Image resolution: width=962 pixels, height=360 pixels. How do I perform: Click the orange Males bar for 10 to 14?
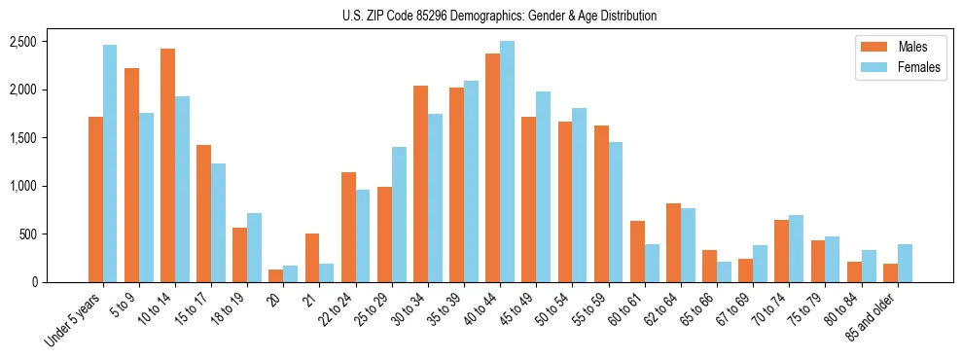coord(167,165)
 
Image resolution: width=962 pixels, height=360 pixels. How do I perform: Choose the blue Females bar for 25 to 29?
coord(399,215)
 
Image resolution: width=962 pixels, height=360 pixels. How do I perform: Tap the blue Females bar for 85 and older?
coord(905,264)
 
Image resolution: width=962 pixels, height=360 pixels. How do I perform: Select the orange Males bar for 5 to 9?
coord(131,175)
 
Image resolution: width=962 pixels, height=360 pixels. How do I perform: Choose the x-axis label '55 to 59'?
coord(587,310)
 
